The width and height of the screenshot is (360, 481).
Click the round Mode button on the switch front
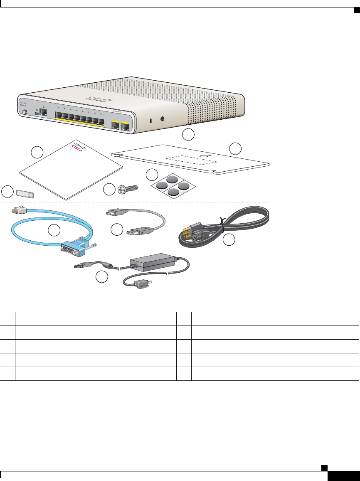tap(25, 112)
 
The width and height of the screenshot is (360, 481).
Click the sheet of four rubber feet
tap(172, 184)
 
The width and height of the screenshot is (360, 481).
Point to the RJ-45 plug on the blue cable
tap(18, 210)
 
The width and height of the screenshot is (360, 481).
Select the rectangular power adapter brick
tap(152, 263)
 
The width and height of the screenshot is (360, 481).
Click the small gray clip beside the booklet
tap(25, 193)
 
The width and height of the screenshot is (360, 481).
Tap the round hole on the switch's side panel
tap(162, 118)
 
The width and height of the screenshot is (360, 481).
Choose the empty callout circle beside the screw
tap(109, 190)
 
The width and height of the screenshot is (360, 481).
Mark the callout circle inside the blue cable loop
tap(53, 230)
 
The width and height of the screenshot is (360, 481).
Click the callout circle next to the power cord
tap(229, 240)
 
